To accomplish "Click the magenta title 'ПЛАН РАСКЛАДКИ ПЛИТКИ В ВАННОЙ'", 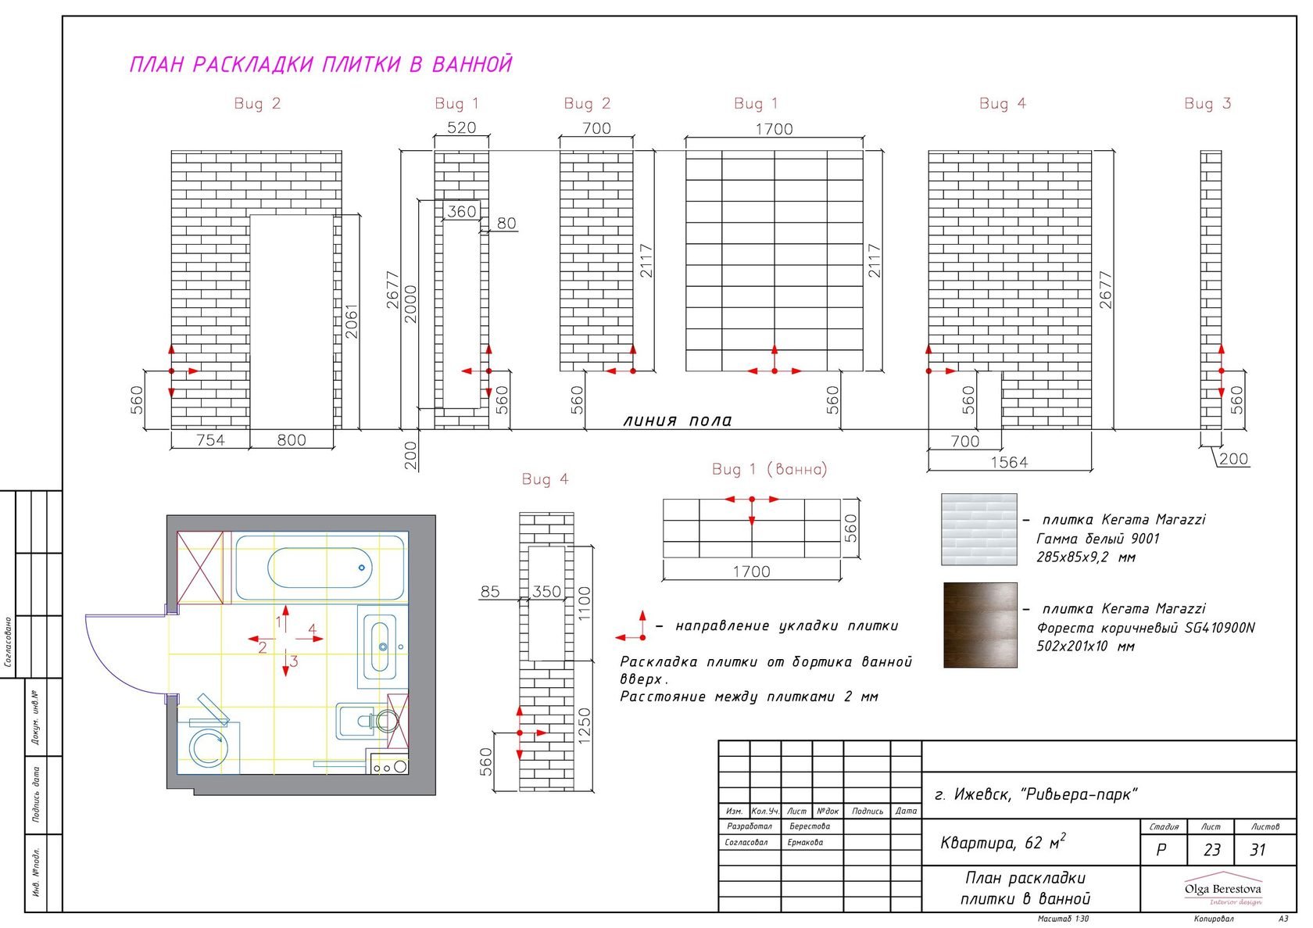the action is pyautogui.click(x=320, y=64).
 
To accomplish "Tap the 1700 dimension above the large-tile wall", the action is pyautogui.click(x=774, y=129).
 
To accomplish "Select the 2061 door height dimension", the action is pyautogui.click(x=351, y=321).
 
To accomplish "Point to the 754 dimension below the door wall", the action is pyautogui.click(x=210, y=439).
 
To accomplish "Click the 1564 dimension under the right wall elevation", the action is pyautogui.click(x=1010, y=462).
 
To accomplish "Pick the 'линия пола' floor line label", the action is pyautogui.click(x=678, y=421).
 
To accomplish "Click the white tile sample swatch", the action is pyautogui.click(x=978, y=529).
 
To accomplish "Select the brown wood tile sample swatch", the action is pyautogui.click(x=980, y=625).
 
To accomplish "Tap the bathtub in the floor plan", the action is pyautogui.click(x=320, y=568).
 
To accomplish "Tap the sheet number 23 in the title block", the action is pyautogui.click(x=1211, y=850).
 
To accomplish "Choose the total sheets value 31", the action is pyautogui.click(x=1258, y=850).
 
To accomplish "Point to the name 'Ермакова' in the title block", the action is pyautogui.click(x=805, y=843).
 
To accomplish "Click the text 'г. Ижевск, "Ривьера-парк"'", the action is pyautogui.click(x=1036, y=794).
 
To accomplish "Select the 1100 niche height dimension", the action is pyautogui.click(x=585, y=604).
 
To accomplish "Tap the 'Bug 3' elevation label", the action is pyautogui.click(x=1207, y=104).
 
